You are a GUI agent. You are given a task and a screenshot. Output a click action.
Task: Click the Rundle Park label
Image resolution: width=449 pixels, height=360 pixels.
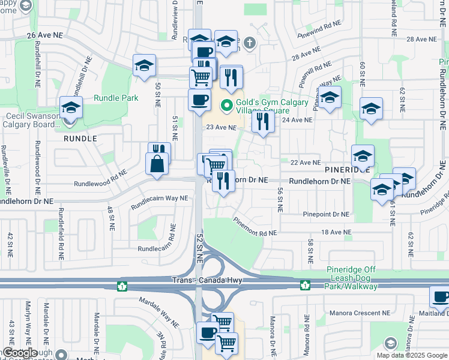[116, 98]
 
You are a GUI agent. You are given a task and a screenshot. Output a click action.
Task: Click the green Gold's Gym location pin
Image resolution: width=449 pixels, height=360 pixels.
[227, 106]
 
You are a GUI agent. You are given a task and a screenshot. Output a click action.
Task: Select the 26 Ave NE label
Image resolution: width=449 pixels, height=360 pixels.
[45, 36]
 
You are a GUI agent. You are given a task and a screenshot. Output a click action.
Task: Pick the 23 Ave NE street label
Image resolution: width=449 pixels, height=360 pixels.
[221, 127]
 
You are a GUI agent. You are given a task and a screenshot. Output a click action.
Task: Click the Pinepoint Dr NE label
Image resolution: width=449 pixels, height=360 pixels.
[326, 214]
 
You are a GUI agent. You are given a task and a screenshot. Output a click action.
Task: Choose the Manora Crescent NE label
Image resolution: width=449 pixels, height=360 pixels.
[360, 313]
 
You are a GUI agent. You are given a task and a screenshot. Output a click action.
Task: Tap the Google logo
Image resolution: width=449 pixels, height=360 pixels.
[20, 353]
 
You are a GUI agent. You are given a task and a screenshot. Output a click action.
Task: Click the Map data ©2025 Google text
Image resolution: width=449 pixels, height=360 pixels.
[411, 355]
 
